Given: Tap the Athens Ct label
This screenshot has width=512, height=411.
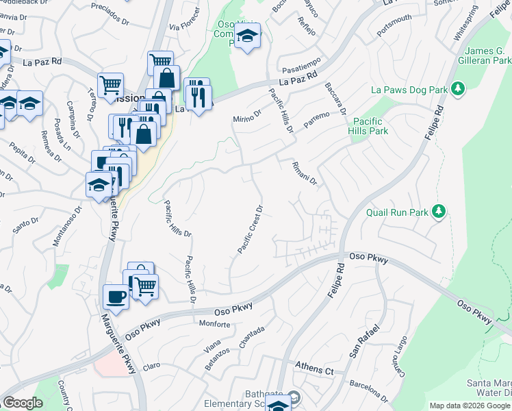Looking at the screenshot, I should pyautogui.click(x=314, y=369).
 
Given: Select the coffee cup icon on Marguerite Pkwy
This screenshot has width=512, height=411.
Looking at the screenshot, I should pyautogui.click(x=115, y=297).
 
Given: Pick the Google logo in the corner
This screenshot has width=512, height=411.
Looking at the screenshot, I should pyautogui.click(x=23, y=403).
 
